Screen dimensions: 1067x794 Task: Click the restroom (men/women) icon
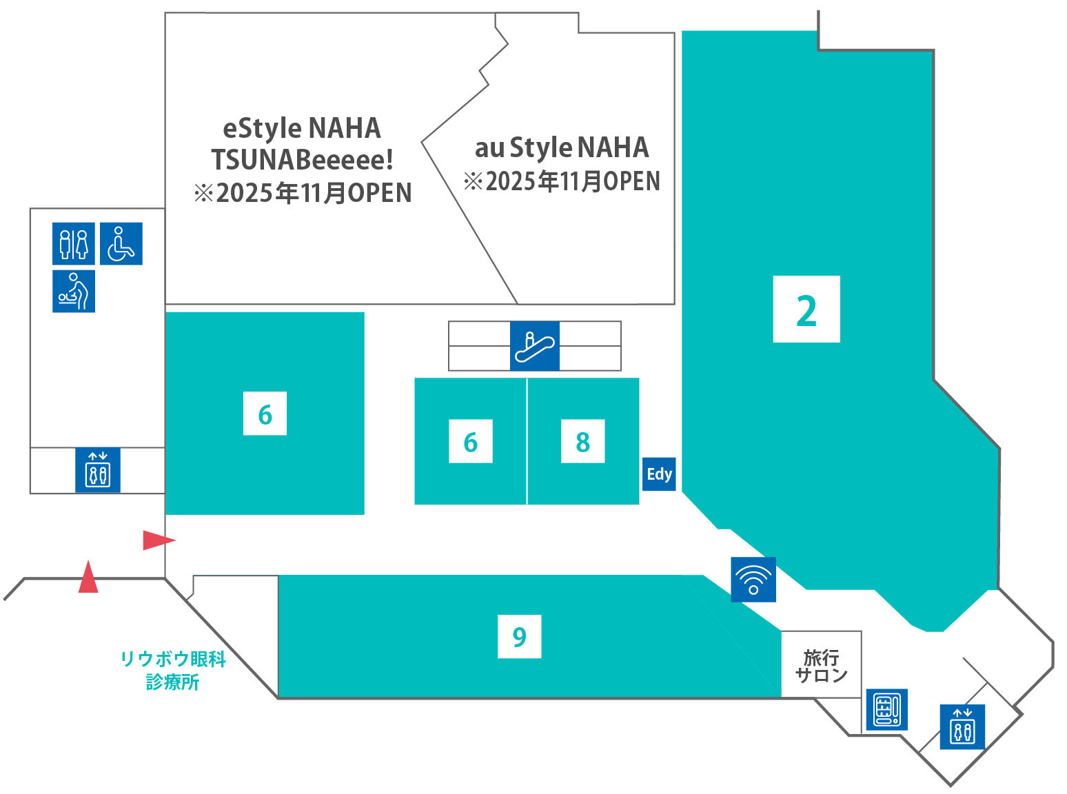[74, 243]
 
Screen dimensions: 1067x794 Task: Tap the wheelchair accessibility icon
[121, 243]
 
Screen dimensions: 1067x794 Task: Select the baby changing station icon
[74, 291]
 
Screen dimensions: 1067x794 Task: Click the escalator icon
[534, 346]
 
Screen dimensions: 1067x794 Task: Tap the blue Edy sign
[659, 474]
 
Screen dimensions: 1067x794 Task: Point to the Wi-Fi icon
[753, 580]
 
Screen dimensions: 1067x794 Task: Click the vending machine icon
[887, 709]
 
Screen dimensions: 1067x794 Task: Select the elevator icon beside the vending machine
[963, 726]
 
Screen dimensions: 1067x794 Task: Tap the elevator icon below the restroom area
[98, 470]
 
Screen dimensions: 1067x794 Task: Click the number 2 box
[806, 309]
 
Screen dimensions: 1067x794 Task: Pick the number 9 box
[520, 636]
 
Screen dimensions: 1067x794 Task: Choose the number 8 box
[583, 441]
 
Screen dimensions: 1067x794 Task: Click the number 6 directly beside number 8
[471, 441]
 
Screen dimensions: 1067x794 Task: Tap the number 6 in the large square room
[265, 414]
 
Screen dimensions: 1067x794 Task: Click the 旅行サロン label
[821, 666]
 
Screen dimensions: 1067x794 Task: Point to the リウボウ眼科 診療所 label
[173, 671]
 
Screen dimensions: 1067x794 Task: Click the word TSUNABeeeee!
[302, 160]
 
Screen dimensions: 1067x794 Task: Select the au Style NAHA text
[562, 147]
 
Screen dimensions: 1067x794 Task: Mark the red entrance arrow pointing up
[88, 576]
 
